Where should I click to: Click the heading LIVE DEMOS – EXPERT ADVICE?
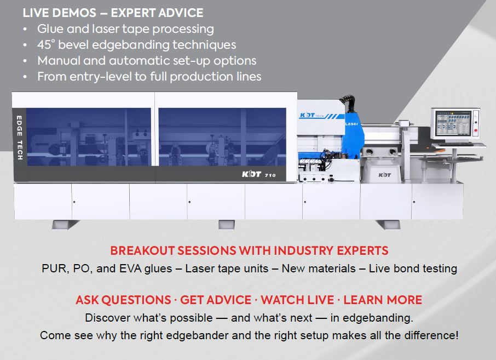pos(113,13)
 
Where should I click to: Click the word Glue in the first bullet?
pos(50,29)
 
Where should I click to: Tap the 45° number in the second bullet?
pos(46,45)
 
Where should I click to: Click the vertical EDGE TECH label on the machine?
pos(19,136)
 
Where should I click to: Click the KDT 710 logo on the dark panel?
pos(259,175)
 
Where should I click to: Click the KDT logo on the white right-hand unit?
pos(385,175)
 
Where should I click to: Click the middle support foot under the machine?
pos(226,225)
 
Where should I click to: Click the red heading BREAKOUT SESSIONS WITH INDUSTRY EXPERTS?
pos(249,251)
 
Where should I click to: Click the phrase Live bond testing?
pos(413,269)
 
